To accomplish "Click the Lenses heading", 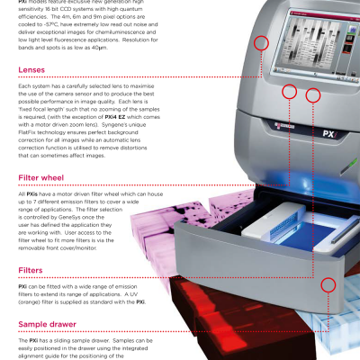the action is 31,70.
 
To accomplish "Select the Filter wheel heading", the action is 41,178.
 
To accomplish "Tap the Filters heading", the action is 31,270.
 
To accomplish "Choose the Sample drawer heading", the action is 47,324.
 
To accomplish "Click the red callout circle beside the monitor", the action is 261,43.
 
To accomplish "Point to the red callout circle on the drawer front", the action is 328,284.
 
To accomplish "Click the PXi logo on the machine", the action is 330,133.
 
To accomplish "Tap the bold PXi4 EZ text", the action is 115,117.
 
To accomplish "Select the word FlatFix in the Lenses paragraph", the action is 27,132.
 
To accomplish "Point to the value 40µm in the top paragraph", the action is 99,48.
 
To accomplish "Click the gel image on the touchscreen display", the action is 313,45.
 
